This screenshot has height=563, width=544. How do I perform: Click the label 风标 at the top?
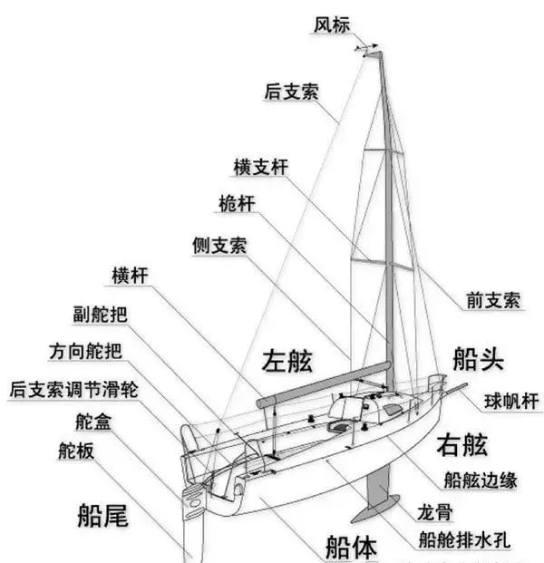click(331, 24)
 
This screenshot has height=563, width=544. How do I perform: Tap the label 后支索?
click(291, 91)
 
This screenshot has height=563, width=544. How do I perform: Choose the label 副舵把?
click(101, 315)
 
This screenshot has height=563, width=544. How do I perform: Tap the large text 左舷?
click(287, 361)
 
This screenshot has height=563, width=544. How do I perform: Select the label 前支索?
click(492, 300)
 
